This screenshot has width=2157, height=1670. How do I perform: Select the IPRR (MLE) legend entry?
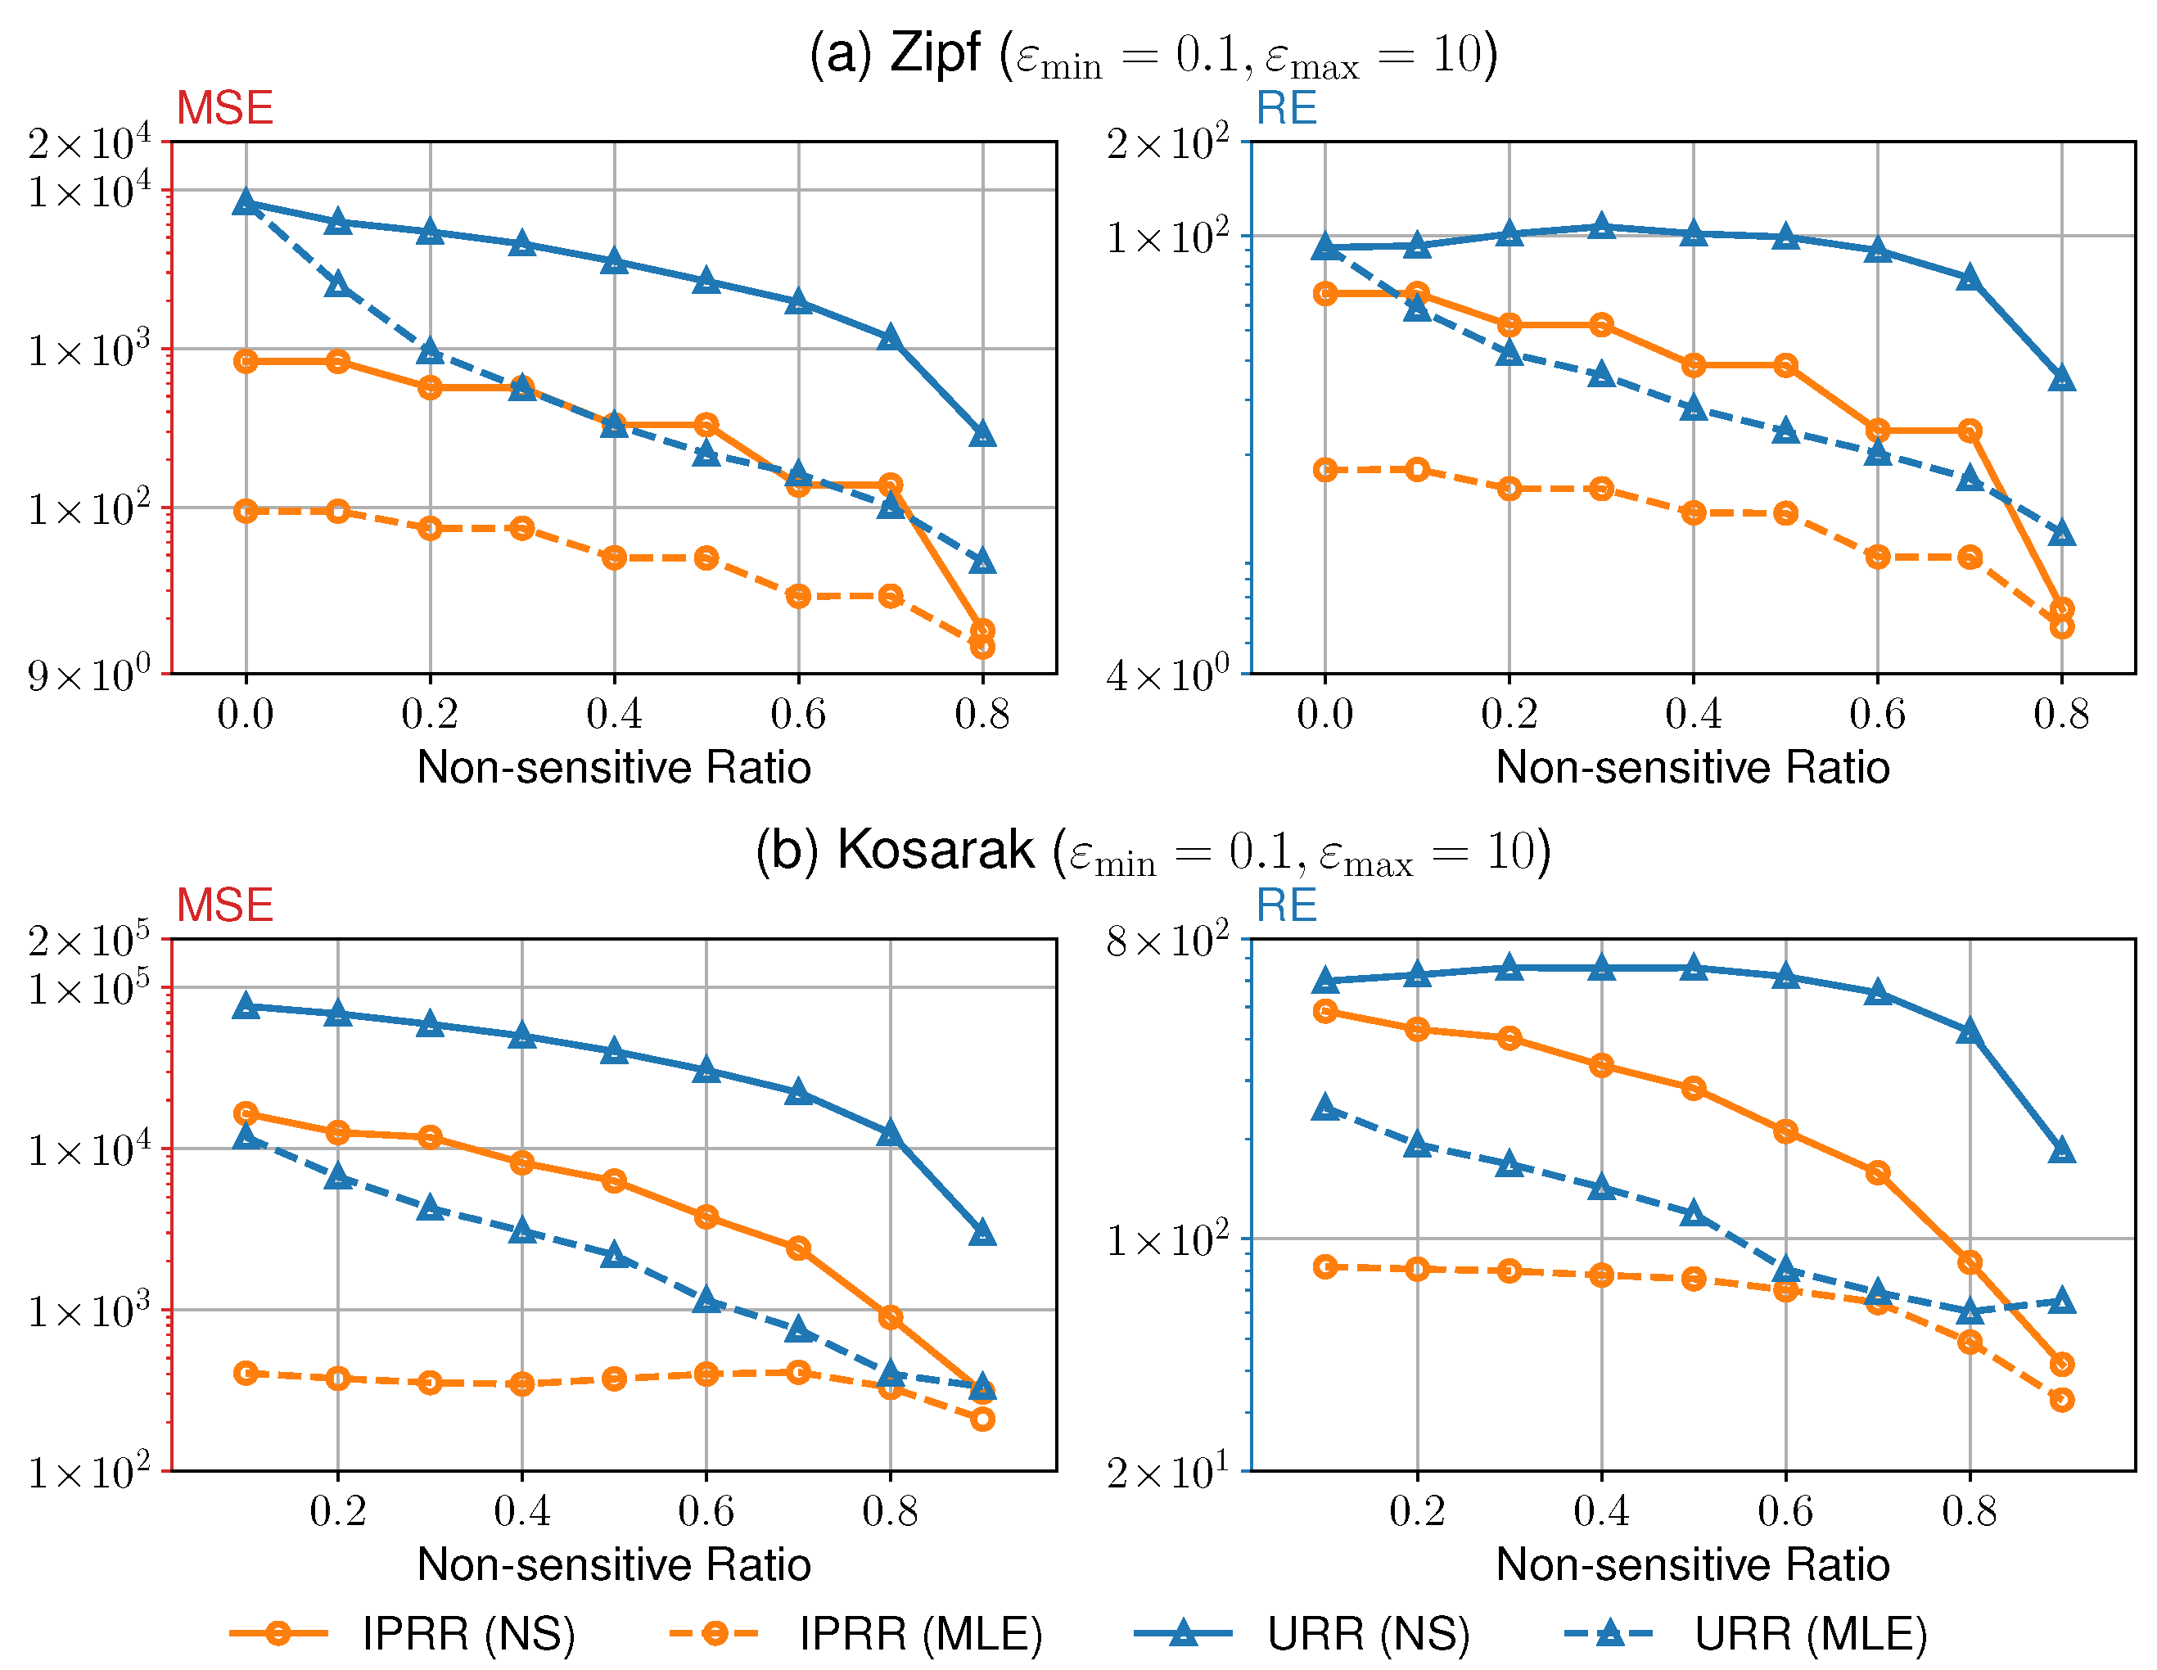[x=855, y=1632]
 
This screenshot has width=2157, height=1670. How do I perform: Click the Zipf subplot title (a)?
[x=1153, y=54]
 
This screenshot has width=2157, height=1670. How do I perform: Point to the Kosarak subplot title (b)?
[x=1153, y=851]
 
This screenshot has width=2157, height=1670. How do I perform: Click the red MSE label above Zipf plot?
[x=224, y=107]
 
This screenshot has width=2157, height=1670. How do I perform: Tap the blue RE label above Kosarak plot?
[x=1286, y=905]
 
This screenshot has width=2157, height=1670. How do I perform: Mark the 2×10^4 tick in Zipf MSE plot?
[x=89, y=144]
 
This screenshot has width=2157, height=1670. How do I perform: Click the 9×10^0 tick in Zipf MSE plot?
[x=89, y=676]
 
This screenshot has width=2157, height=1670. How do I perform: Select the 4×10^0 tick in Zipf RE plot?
[x=1167, y=676]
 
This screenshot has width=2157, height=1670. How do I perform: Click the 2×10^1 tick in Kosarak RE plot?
[x=1167, y=1473]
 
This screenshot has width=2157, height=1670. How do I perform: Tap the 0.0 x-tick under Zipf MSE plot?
[x=245, y=714]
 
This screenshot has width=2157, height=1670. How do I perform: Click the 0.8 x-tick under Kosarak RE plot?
[x=1969, y=1511]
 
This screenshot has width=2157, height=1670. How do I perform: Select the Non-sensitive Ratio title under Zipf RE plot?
[x=1692, y=767]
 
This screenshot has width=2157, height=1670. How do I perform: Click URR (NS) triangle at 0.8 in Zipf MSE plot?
[x=981, y=435]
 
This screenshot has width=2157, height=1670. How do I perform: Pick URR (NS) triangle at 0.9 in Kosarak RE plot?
[x=2061, y=1150]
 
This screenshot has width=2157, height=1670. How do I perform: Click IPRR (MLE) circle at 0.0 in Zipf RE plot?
[x=1325, y=470]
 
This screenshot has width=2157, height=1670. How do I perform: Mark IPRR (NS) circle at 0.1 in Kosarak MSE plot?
[x=246, y=1114]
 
